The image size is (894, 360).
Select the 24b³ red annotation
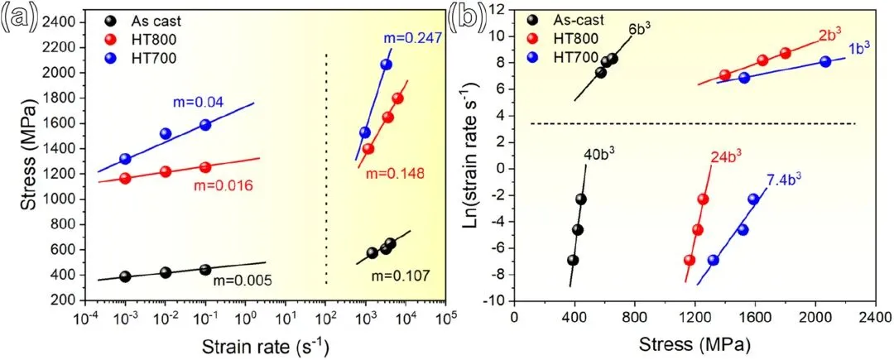[x=726, y=156]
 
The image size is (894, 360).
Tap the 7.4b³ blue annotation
[x=786, y=178]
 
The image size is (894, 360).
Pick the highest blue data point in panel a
[x=386, y=65]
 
